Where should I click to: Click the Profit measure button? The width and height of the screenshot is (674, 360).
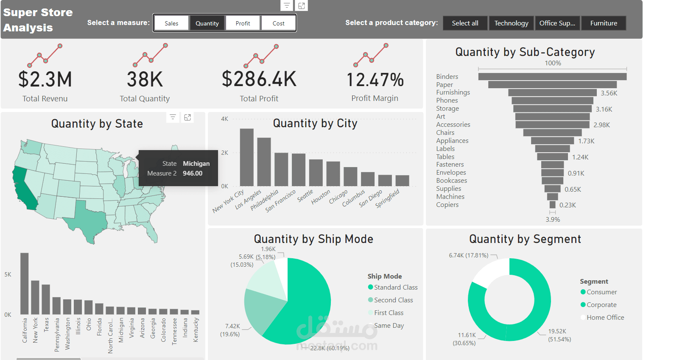click(243, 23)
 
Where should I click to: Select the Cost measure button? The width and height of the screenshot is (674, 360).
click(278, 23)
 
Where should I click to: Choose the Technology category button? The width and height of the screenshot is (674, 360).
click(511, 23)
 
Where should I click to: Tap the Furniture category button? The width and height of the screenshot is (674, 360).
click(603, 23)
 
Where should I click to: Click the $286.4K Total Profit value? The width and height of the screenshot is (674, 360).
click(259, 79)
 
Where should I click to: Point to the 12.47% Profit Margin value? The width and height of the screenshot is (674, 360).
click(375, 80)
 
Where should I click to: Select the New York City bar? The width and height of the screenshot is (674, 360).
click(246, 157)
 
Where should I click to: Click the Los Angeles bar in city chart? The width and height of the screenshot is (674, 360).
click(264, 162)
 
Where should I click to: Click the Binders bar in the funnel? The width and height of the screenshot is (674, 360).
click(552, 77)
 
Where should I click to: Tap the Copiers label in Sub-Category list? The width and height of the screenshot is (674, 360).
click(447, 205)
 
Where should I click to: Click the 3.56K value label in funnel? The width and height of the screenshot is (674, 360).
click(609, 93)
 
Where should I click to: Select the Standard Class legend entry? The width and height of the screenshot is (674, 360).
click(395, 287)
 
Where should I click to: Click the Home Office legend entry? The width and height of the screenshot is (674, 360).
click(605, 318)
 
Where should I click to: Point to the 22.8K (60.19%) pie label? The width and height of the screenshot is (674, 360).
click(330, 348)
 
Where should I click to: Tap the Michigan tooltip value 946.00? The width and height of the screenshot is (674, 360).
click(193, 173)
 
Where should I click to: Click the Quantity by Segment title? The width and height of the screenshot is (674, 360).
click(525, 239)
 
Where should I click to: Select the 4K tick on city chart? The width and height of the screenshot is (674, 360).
click(224, 119)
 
